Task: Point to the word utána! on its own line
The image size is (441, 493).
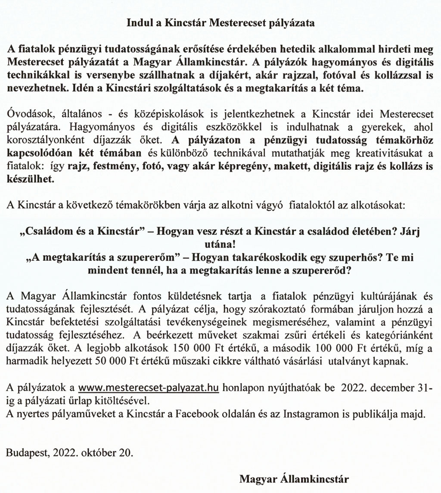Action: coord(220,243)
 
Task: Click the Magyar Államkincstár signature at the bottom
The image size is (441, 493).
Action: coord(295,478)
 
